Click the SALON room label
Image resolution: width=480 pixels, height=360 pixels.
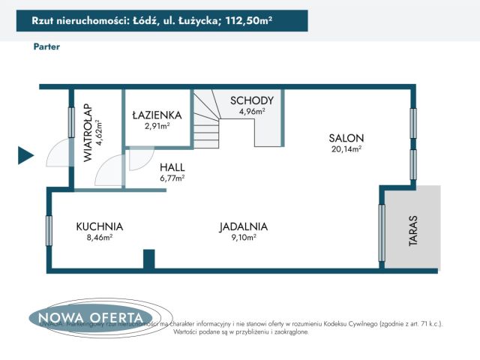pyautogui.click(x=346, y=138)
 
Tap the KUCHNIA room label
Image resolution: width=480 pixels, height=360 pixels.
pyautogui.click(x=99, y=226)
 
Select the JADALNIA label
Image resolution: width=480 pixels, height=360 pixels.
pyautogui.click(x=244, y=226)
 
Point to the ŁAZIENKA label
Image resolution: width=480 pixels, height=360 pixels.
pyautogui.click(x=157, y=115)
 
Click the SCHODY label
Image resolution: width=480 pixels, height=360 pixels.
pyautogui.click(x=252, y=100)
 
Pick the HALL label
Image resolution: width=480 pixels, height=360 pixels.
pyautogui.click(x=172, y=167)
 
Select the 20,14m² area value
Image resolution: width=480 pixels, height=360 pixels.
pyautogui.click(x=346, y=149)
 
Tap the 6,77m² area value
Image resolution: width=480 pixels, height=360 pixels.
pyautogui.click(x=172, y=178)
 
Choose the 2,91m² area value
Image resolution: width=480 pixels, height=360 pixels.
pyautogui.click(x=157, y=126)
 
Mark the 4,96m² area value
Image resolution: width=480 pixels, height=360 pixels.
pyautogui.click(x=252, y=111)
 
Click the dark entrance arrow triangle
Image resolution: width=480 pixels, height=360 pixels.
pyautogui.click(x=25, y=155)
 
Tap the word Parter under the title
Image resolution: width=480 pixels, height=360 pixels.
pyautogui.click(x=46, y=46)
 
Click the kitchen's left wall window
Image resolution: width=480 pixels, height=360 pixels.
pyautogui.click(x=49, y=230)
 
